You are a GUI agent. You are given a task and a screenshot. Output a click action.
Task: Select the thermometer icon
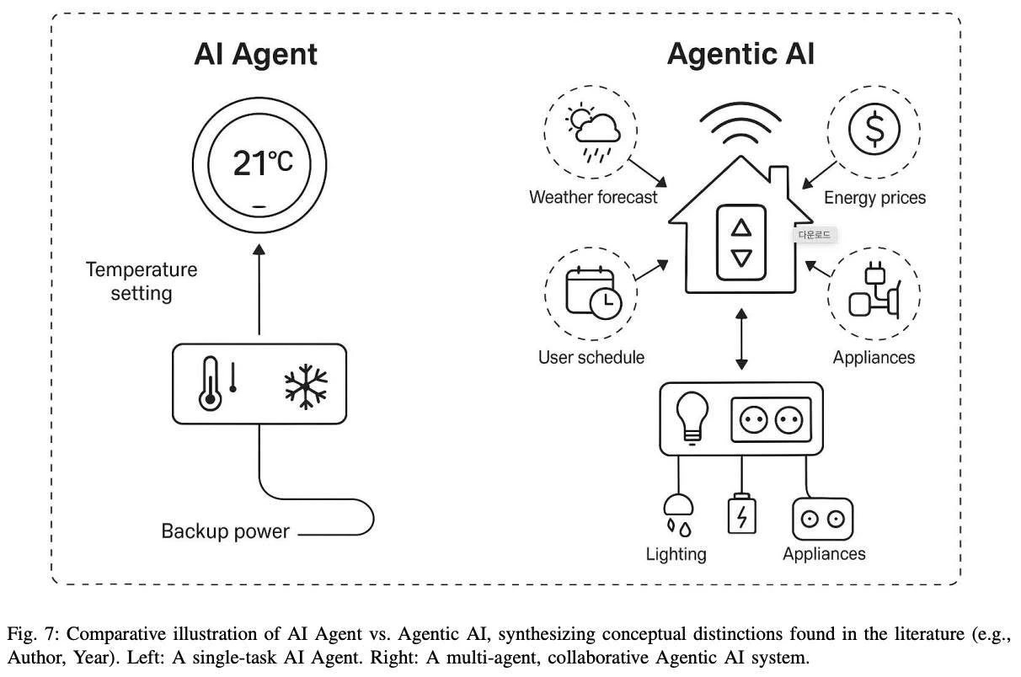(210, 384)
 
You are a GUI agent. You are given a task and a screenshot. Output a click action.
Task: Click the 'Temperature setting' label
(142, 281)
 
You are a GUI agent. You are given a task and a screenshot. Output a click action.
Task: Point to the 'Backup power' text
(225, 531)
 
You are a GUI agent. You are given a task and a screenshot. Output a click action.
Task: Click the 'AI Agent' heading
(255, 55)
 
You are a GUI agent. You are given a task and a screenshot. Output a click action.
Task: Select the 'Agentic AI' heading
(740, 55)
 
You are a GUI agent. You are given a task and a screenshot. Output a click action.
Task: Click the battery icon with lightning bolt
(741, 514)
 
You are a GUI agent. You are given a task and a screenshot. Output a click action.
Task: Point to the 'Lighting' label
(676, 554)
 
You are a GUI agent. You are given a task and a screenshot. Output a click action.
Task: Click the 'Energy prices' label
(874, 198)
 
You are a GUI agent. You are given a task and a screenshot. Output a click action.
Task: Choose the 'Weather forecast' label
(593, 198)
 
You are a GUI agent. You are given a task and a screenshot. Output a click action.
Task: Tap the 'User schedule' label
(591, 357)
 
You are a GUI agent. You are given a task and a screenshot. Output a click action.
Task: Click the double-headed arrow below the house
(741, 338)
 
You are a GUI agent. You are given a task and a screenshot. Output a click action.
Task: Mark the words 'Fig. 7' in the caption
(29, 633)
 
